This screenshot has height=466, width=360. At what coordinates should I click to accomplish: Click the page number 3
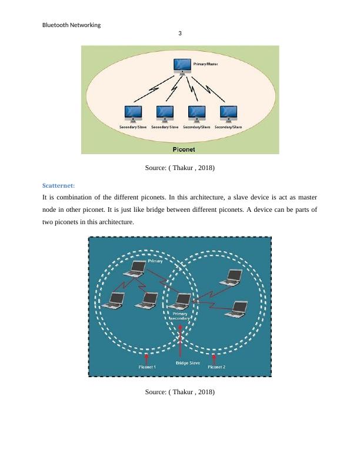click(180, 34)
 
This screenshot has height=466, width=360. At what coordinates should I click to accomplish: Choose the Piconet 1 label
click(147, 367)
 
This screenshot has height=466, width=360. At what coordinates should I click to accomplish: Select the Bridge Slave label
click(188, 364)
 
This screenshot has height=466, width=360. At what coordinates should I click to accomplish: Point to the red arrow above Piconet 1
click(147, 357)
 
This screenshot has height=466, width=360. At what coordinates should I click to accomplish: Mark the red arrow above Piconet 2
click(214, 357)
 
